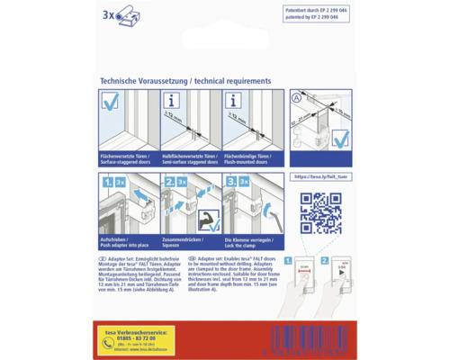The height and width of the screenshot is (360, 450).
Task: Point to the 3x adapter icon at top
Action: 117,14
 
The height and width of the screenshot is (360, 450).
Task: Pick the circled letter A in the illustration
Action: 297,97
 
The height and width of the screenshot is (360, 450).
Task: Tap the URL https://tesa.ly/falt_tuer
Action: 322,177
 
